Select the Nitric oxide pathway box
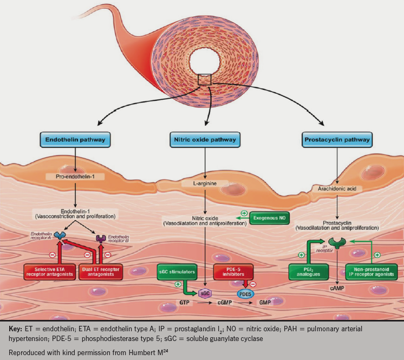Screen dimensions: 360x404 [204, 140]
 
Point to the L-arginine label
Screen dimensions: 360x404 [204, 185]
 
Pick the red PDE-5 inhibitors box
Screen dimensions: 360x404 [233, 271]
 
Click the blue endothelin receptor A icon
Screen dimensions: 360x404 [58, 236]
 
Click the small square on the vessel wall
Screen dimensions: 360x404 [204, 80]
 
